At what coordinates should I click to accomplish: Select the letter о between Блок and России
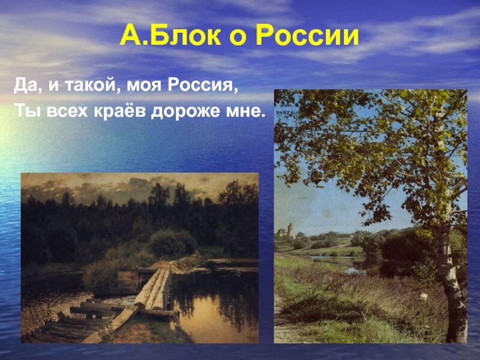pyautogui.click(x=238, y=38)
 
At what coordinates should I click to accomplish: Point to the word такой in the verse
pyautogui.click(x=91, y=86)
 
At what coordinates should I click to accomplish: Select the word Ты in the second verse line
pyautogui.click(x=27, y=110)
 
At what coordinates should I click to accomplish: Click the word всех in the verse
pyautogui.click(x=67, y=112)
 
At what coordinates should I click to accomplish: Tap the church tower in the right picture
pyautogui.click(x=290, y=232)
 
